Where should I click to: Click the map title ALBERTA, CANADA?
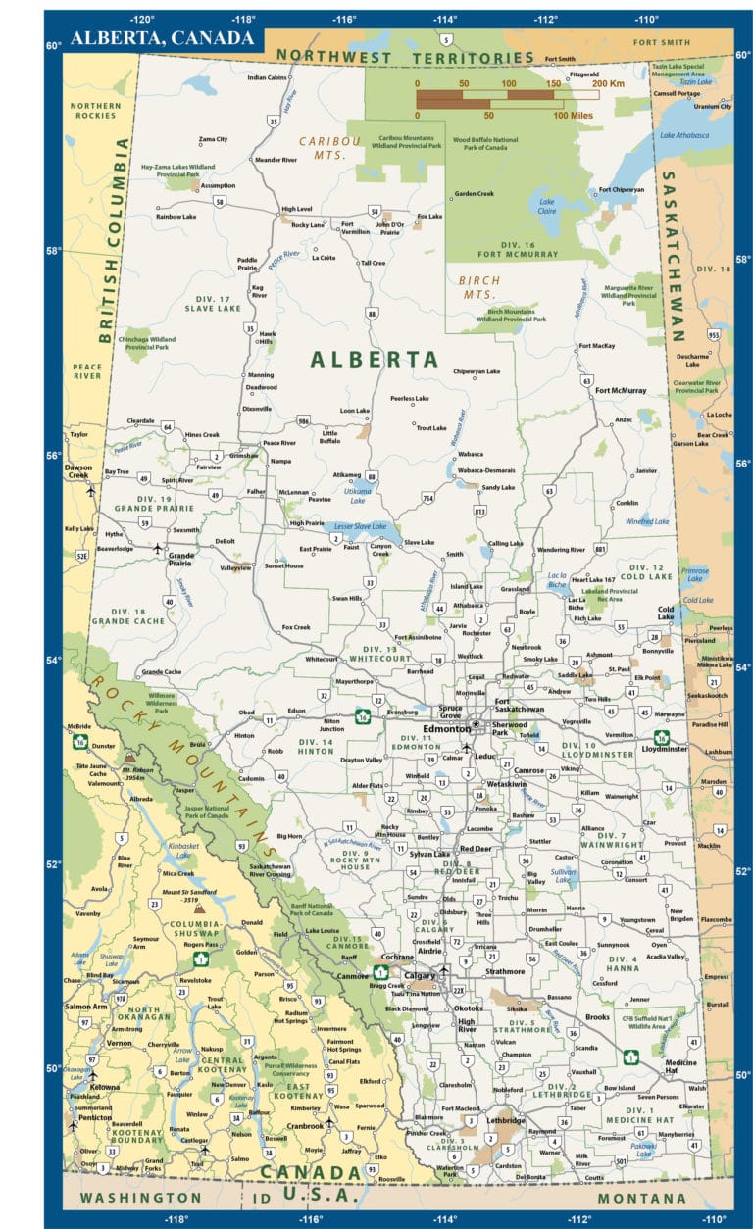click(160, 38)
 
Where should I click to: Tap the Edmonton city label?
click(446, 729)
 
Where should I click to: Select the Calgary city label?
click(420, 976)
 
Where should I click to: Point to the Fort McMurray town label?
click(622, 391)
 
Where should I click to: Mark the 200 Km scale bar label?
click(608, 84)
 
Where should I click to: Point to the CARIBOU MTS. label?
click(330, 148)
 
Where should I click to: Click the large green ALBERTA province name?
click(374, 360)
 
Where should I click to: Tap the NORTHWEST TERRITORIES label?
click(405, 57)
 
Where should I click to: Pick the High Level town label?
click(296, 209)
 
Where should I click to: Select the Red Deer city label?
click(476, 849)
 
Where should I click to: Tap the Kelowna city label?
click(105, 1087)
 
